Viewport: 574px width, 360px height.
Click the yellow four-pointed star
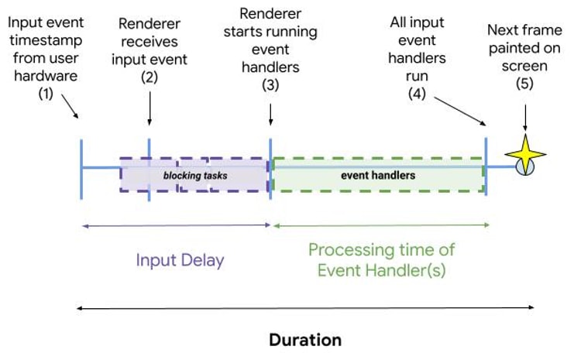(525, 154)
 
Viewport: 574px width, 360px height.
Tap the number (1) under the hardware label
(46, 94)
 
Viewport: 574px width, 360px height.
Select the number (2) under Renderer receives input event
(150, 77)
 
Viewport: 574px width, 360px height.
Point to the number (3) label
(270, 85)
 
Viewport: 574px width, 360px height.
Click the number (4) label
(417, 94)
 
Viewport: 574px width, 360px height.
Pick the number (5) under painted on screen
(524, 84)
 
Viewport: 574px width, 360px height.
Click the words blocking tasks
(195, 176)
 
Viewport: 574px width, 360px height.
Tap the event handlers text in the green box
(378, 175)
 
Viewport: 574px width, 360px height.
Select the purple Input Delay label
(180, 260)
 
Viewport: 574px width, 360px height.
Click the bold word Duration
(305, 340)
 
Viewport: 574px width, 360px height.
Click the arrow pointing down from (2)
(150, 108)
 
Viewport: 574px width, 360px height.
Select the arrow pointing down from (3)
(270, 115)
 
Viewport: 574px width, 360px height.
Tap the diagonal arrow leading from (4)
(460, 111)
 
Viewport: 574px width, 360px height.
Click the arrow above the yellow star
(525, 118)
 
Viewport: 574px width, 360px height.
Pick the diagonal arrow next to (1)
(70, 106)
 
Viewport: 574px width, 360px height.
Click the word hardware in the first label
(46, 76)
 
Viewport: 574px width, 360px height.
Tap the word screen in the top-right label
(524, 67)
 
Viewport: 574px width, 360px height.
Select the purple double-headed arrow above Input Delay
(177, 226)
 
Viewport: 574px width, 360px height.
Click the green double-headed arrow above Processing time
(381, 225)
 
